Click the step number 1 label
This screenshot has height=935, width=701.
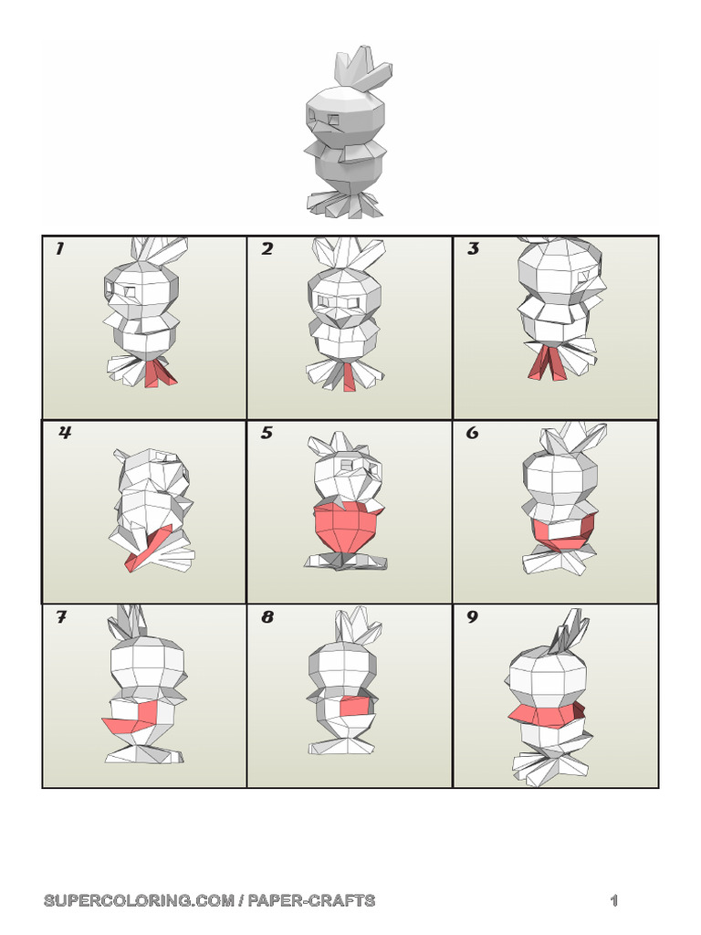coord(59,248)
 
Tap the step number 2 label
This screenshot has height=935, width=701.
coord(267,248)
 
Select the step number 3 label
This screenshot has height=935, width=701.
coord(473,248)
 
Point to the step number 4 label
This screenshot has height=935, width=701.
coord(65,432)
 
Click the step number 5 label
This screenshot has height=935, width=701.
coord(267,432)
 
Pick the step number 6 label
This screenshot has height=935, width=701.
coord(472,432)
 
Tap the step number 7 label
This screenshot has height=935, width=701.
coord(61,616)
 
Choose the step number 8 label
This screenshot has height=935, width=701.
coord(267,616)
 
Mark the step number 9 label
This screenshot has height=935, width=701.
coord(472,616)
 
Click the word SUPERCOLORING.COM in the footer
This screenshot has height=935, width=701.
coord(139,900)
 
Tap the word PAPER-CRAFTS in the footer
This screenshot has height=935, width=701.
coord(311,900)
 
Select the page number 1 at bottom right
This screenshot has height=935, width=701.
coord(614,900)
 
